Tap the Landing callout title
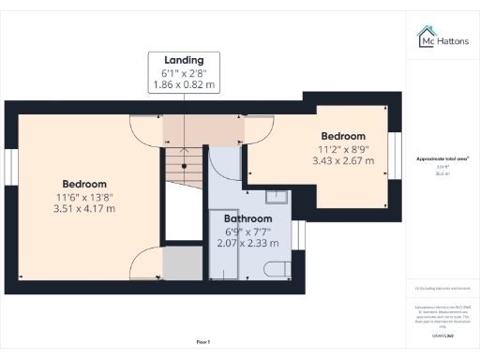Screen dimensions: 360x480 coord(184,60)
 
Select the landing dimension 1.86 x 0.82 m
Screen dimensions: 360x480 coord(184,84)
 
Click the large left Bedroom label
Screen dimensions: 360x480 coord(84,183)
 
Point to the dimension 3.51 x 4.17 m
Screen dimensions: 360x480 coord(84,208)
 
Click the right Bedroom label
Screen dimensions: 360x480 coord(343,135)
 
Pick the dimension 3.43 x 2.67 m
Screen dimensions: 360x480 coord(343,160)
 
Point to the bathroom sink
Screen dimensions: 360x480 coord(277,198)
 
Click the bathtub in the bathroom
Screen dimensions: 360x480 coord(223,244)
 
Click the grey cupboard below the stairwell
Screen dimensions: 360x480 coord(177,263)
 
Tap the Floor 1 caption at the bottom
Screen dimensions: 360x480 coord(203,341)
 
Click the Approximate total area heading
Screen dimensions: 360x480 coord(442,158)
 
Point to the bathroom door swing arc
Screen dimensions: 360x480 coord(225,165)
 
